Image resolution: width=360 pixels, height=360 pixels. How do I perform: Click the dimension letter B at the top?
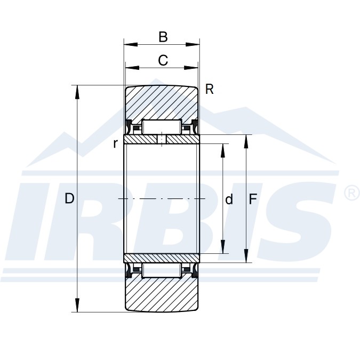[x=163, y=37]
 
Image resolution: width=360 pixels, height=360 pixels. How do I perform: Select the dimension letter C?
[x=163, y=60]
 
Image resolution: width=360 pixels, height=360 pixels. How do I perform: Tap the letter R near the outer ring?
[x=209, y=90]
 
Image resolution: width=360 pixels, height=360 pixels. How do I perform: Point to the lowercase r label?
[x=115, y=143]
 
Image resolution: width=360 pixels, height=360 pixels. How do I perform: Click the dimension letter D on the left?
[x=69, y=199]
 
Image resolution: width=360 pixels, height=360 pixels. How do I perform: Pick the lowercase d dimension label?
[x=229, y=199]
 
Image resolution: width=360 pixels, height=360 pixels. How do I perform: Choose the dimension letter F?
[x=253, y=199]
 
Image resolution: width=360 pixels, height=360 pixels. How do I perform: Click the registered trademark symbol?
[x=352, y=193]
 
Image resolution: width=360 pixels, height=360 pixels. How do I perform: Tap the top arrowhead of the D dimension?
[x=78, y=91]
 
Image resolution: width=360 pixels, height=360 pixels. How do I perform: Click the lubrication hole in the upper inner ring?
[x=162, y=140]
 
